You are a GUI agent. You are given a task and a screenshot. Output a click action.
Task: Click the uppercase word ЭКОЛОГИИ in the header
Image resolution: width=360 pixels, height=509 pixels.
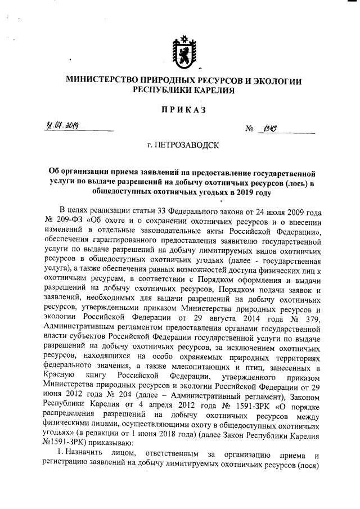click(277, 81)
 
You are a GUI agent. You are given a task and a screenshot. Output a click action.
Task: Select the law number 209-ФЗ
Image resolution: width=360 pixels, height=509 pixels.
click(69, 221)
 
